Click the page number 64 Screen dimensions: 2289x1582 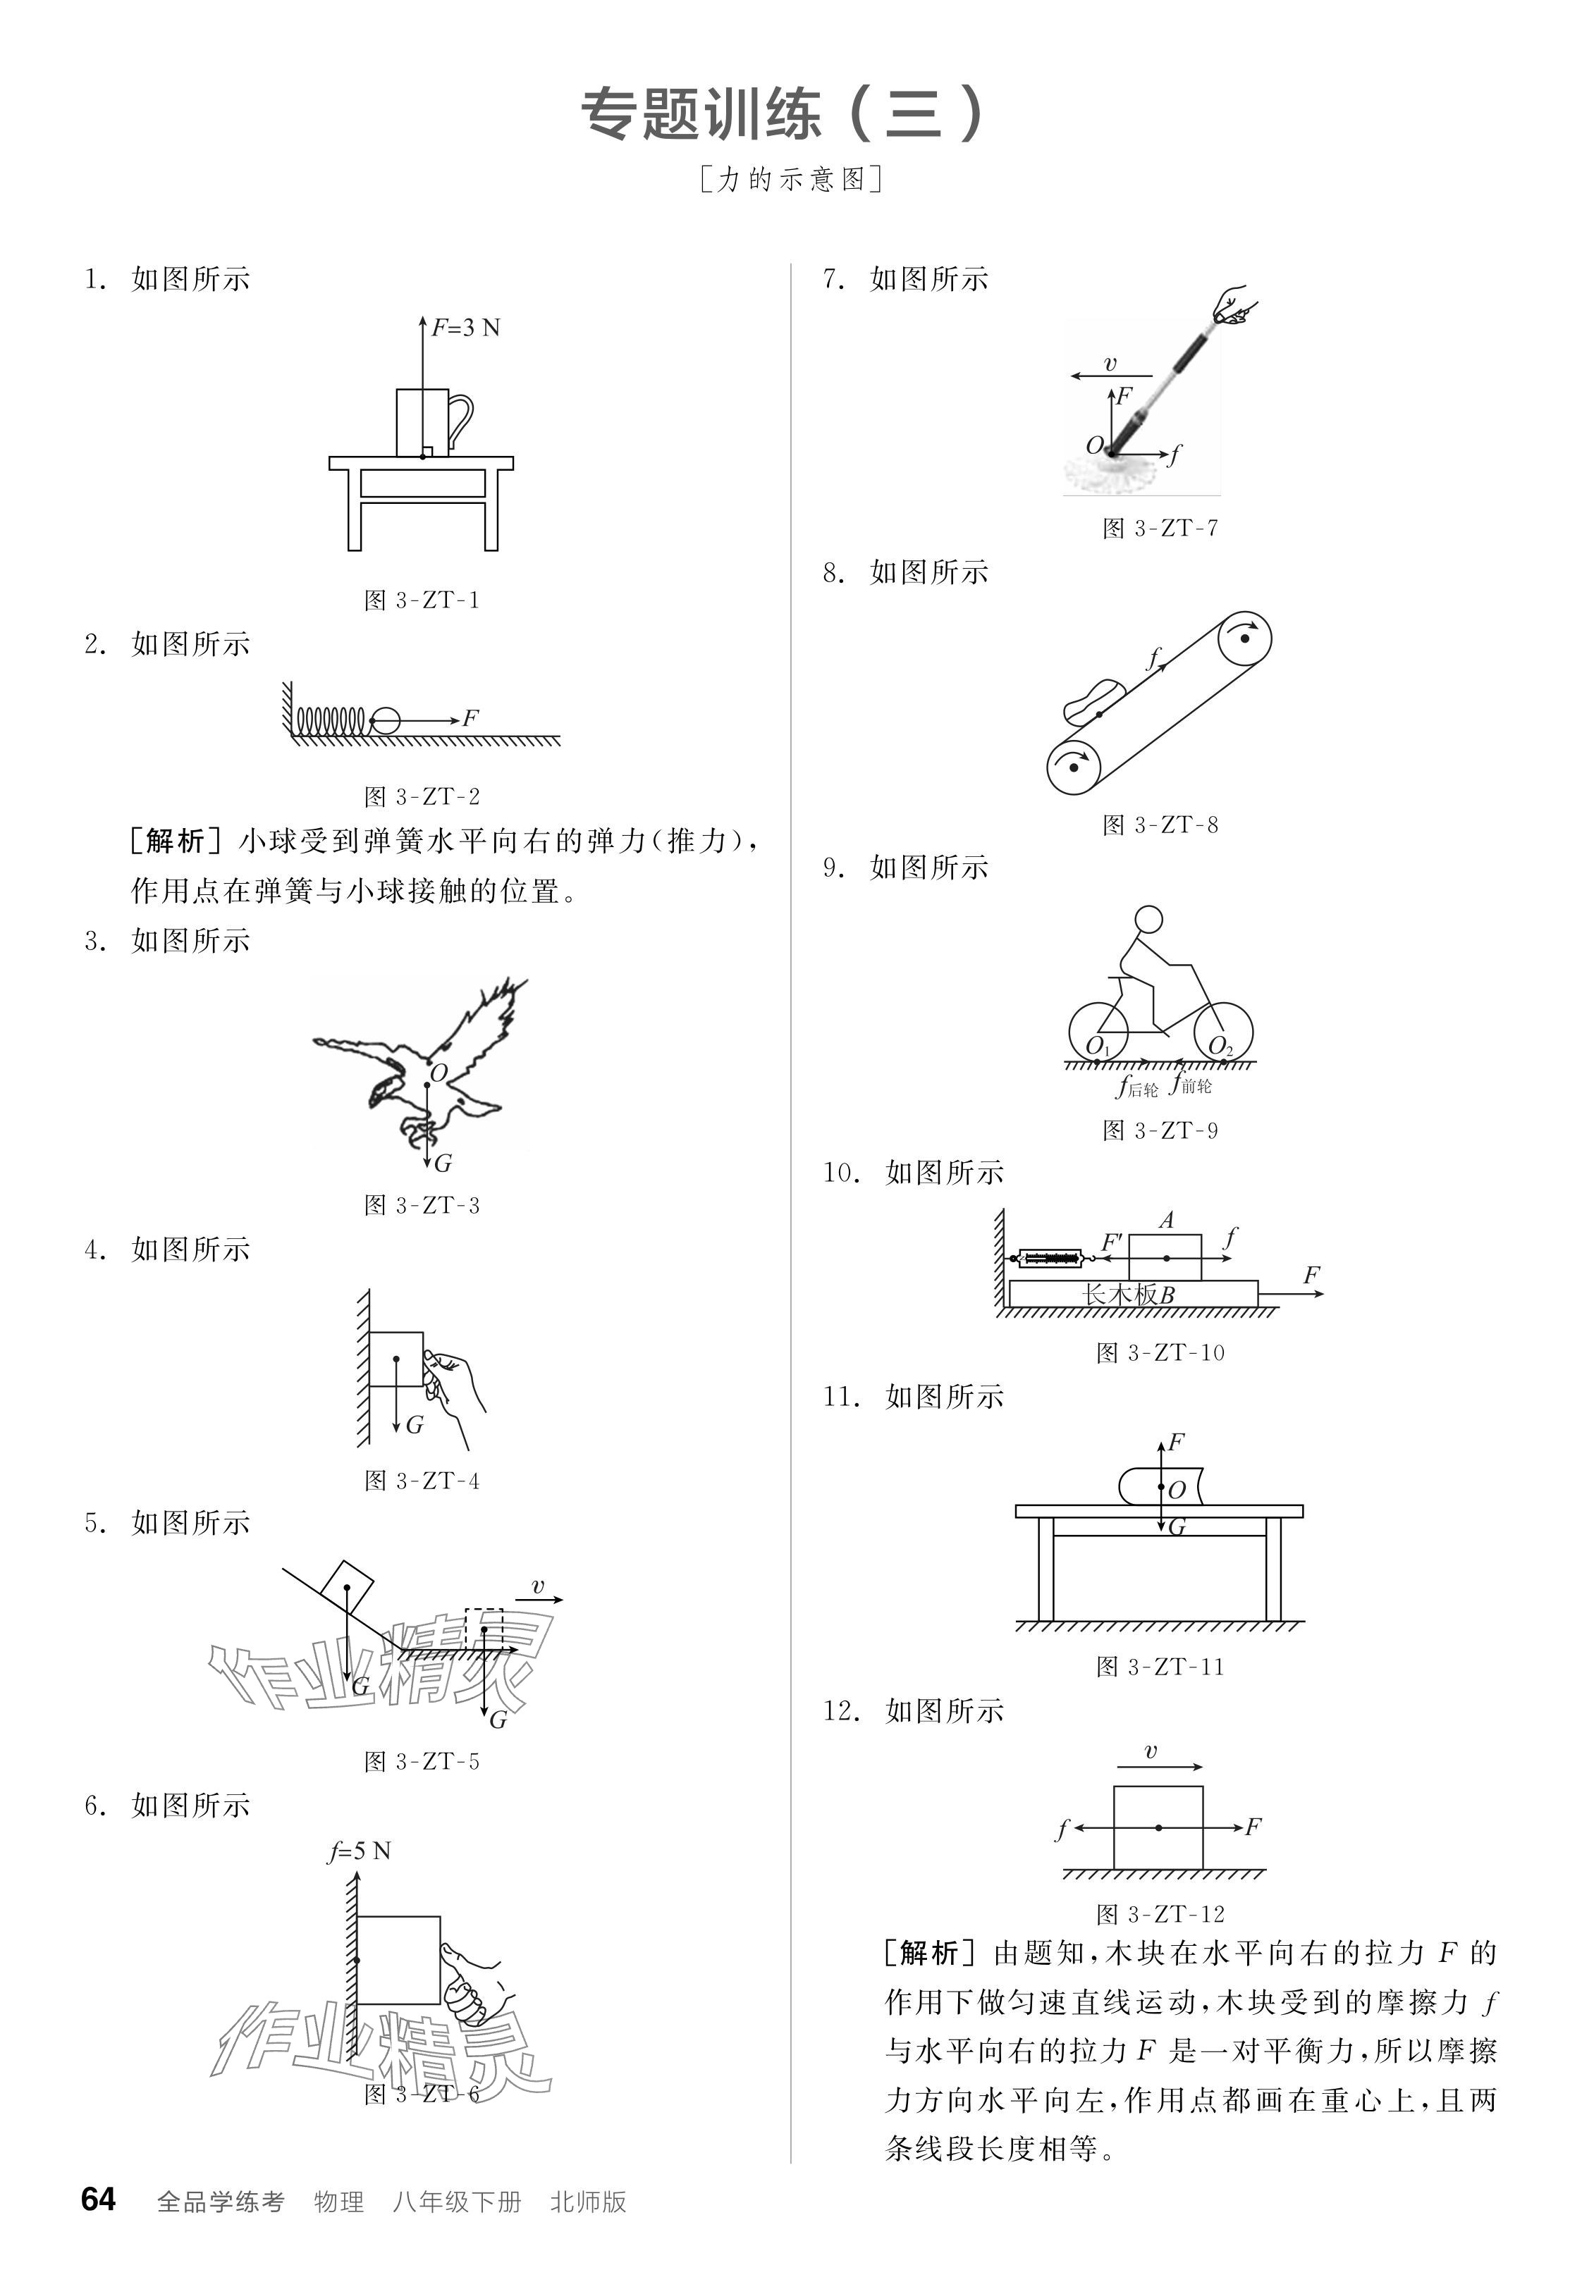(x=98, y=2199)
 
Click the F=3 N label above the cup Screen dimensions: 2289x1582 (x=465, y=327)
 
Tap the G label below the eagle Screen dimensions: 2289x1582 (x=443, y=1164)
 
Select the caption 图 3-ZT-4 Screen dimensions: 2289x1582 (x=422, y=1481)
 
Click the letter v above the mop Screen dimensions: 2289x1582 (x=1110, y=364)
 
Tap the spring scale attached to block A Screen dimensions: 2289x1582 (x=1050, y=1259)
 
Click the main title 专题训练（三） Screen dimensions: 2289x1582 (x=783, y=114)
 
